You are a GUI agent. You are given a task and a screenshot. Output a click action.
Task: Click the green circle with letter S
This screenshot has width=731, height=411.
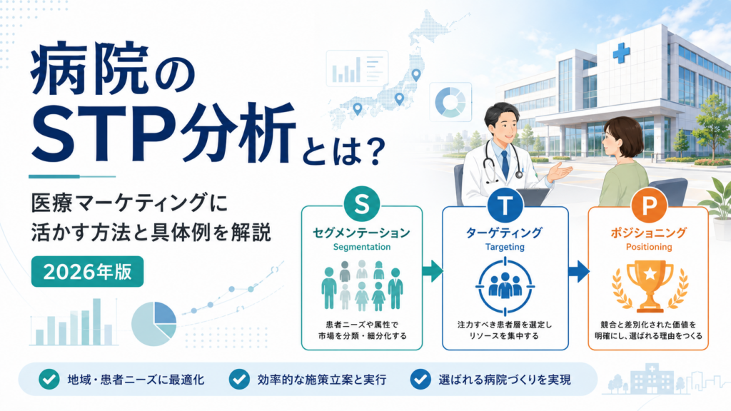click(x=362, y=203)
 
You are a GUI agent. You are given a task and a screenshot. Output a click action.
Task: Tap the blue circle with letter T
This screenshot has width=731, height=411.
click(x=505, y=203)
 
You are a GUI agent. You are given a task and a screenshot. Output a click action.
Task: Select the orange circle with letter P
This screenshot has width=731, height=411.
click(x=648, y=205)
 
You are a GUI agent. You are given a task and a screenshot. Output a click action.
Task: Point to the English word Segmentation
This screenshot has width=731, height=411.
click(x=362, y=247)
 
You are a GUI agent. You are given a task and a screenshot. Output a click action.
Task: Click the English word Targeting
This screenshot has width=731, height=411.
click(x=505, y=247)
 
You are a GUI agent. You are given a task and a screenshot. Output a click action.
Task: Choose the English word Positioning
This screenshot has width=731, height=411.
click(x=648, y=247)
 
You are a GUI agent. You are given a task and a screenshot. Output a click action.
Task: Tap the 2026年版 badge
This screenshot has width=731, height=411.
click(x=87, y=272)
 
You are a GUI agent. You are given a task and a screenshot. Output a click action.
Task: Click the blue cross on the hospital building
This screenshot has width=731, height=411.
click(x=621, y=54)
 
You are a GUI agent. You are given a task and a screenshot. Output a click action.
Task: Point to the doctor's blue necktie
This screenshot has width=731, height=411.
click(x=505, y=164)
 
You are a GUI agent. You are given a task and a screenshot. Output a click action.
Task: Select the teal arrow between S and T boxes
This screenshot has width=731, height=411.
click(x=432, y=271)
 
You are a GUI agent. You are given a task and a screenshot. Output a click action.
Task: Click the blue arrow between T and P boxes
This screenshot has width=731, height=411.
click(x=578, y=271)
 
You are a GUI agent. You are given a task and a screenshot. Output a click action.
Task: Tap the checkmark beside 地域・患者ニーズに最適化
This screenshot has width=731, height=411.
click(x=49, y=380)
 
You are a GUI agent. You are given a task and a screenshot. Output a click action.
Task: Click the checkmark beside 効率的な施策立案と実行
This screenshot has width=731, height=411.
click(x=239, y=380)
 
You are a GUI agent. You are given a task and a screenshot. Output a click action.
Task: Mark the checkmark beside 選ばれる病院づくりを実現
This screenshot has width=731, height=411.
click(x=420, y=380)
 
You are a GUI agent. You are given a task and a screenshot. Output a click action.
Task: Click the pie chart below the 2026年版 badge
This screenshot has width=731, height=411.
click(x=154, y=324)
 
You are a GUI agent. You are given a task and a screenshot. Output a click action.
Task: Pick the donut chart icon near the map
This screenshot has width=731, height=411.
click(x=450, y=102)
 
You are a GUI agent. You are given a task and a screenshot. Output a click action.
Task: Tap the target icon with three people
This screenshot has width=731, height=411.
click(x=505, y=285)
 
